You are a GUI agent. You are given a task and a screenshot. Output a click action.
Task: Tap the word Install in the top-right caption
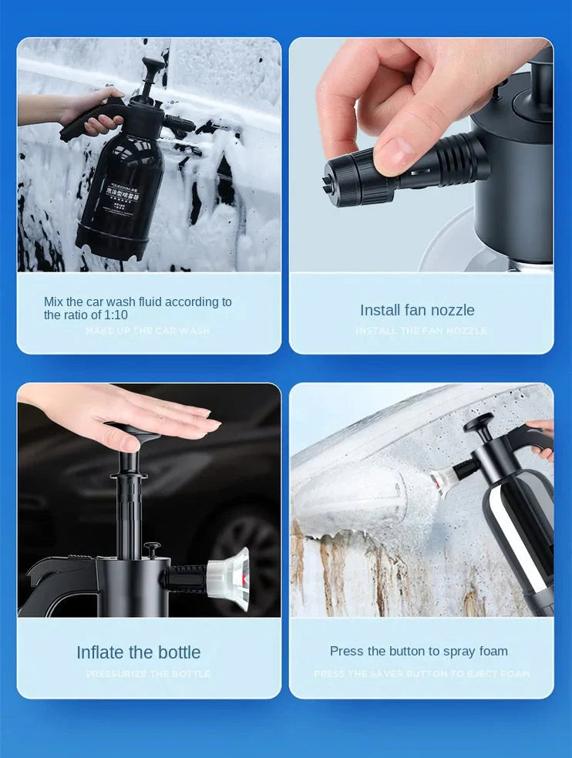[380, 310]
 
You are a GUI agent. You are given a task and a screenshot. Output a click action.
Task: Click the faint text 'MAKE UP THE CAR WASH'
[147, 331]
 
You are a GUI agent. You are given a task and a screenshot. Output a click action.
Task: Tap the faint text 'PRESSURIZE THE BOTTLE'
[148, 674]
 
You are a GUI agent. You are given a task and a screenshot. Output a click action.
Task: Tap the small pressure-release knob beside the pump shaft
[153, 549]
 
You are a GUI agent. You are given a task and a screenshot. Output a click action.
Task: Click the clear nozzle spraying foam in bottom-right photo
[442, 480]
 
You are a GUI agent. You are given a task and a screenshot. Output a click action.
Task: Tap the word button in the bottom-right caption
[417, 652]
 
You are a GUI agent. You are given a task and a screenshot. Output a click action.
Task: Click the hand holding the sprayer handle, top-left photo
[89, 112]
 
